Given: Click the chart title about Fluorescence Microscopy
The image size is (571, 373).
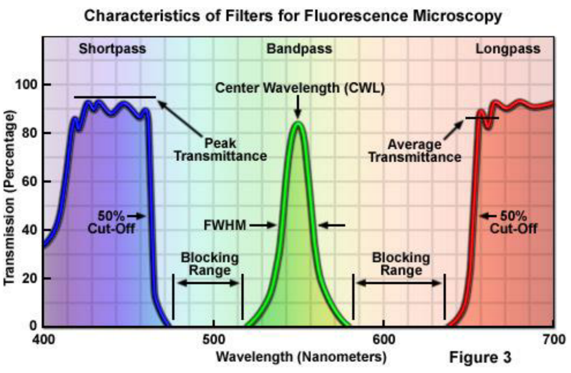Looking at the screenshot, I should [x=293, y=16].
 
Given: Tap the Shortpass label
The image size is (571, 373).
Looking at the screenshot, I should [x=112, y=49].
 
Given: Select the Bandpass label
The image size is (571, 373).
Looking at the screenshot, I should [x=299, y=49].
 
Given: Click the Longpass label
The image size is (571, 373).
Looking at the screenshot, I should [x=508, y=49].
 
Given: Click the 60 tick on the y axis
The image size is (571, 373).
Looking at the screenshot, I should [x=30, y=181].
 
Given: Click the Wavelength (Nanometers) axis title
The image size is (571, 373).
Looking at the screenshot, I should [x=301, y=357].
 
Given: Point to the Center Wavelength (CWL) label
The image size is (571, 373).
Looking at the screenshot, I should [x=300, y=88].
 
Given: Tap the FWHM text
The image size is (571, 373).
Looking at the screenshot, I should [x=225, y=225].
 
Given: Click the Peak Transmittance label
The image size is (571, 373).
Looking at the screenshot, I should [x=220, y=150].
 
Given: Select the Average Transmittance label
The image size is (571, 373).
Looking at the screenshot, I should [x=415, y=150].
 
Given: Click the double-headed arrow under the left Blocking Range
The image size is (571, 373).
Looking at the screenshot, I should [x=208, y=283].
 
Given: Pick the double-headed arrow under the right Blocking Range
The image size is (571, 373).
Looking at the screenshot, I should [x=399, y=283].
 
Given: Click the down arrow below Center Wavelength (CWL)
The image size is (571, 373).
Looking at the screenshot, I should [x=298, y=108].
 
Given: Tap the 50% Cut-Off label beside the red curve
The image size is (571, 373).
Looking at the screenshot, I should [x=513, y=222].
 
